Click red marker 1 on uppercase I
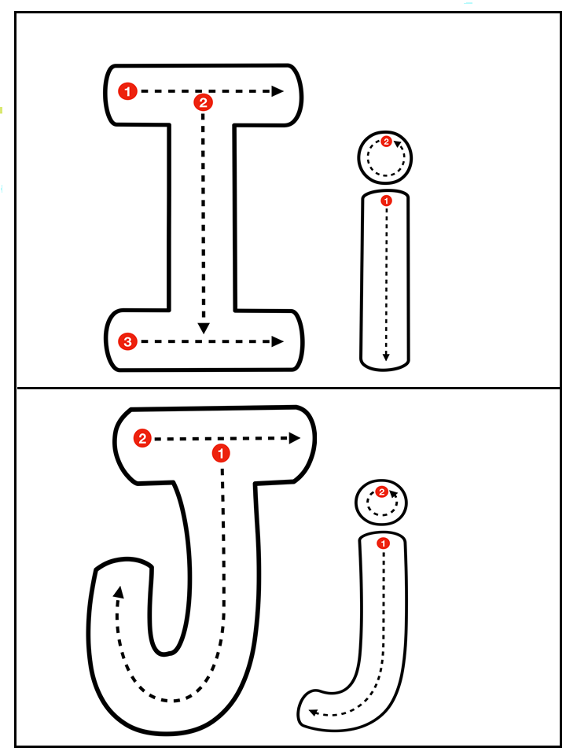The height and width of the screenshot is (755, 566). click(x=128, y=91)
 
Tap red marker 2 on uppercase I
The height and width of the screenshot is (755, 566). click(x=203, y=102)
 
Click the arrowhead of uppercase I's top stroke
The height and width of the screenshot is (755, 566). click(x=277, y=91)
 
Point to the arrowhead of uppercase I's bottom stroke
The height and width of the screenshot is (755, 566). click(x=277, y=341)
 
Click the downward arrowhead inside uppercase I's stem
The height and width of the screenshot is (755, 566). click(x=204, y=327)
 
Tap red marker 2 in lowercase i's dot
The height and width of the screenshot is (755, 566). click(x=386, y=142)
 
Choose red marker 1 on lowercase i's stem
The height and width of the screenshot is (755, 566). click(x=385, y=201)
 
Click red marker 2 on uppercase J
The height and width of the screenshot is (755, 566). click(x=142, y=439)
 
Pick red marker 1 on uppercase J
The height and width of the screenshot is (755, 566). click(x=222, y=453)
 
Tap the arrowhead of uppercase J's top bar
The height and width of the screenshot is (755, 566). click(x=296, y=439)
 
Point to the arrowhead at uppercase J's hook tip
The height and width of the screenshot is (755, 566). click(x=119, y=591)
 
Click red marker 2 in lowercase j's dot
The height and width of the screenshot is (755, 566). click(x=382, y=492)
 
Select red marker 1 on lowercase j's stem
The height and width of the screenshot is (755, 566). click(x=383, y=543)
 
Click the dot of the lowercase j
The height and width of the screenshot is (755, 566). click(x=382, y=503)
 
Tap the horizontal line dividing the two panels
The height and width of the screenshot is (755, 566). click(x=283, y=388)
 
